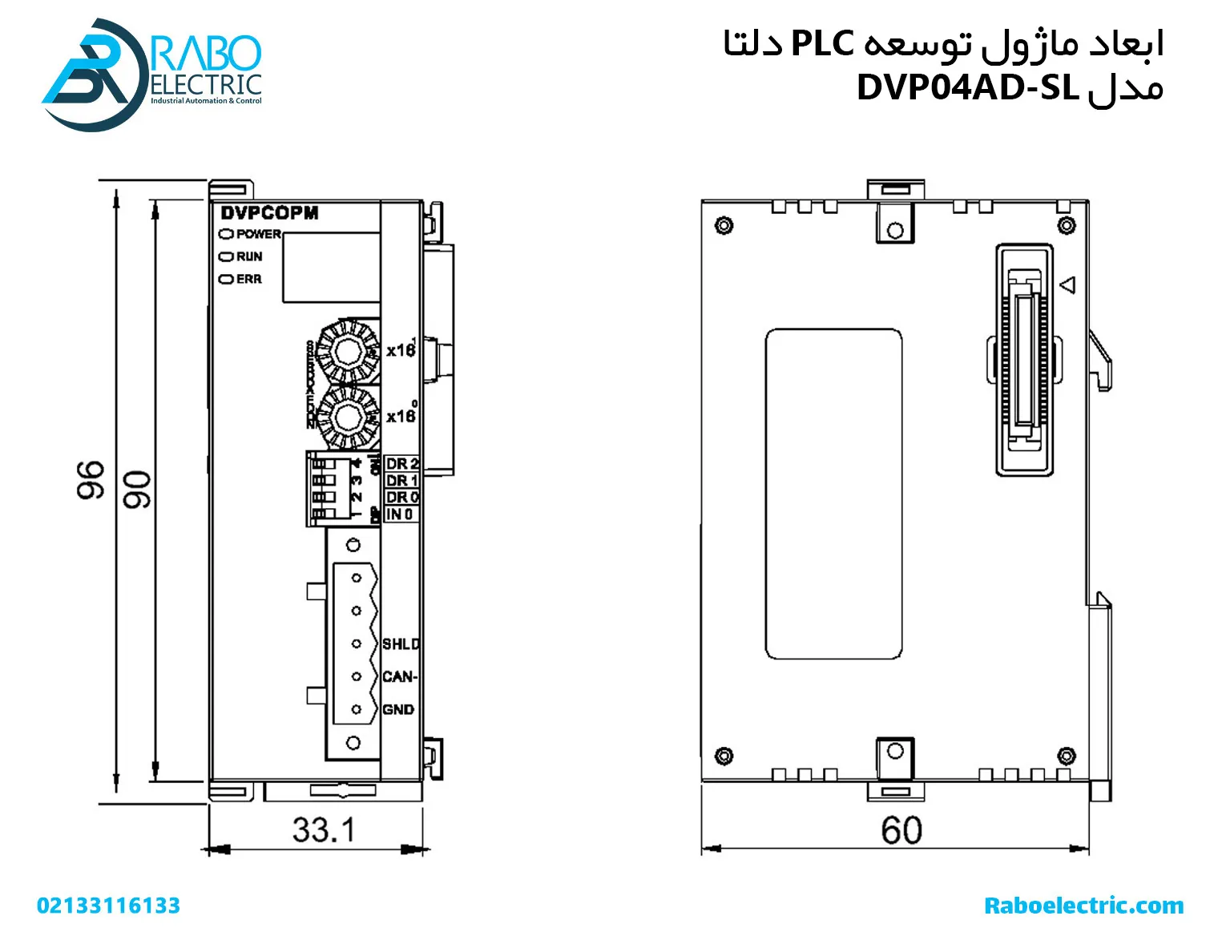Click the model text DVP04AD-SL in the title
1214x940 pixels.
click(x=967, y=87)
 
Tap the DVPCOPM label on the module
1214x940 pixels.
click(x=269, y=213)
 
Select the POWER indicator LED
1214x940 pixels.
click(x=226, y=234)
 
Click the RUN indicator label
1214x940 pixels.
click(x=248, y=256)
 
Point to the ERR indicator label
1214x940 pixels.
click(x=248, y=279)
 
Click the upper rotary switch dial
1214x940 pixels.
click(x=347, y=351)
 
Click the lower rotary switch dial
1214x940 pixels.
click(x=347, y=417)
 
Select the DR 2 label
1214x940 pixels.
click(x=401, y=464)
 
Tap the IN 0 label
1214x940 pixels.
click(x=399, y=514)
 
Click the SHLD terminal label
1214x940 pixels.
click(x=400, y=644)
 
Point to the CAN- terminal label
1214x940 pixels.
click(x=399, y=677)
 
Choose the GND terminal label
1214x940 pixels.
click(x=398, y=710)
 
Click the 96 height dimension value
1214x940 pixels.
click(x=91, y=480)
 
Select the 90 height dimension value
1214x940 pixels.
click(x=136, y=490)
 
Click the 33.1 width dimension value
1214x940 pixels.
click(x=323, y=830)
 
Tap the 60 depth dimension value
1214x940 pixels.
click(x=901, y=830)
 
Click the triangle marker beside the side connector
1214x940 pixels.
click(x=1067, y=284)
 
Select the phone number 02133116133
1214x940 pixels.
click(x=108, y=906)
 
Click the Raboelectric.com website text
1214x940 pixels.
click(x=1083, y=906)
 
